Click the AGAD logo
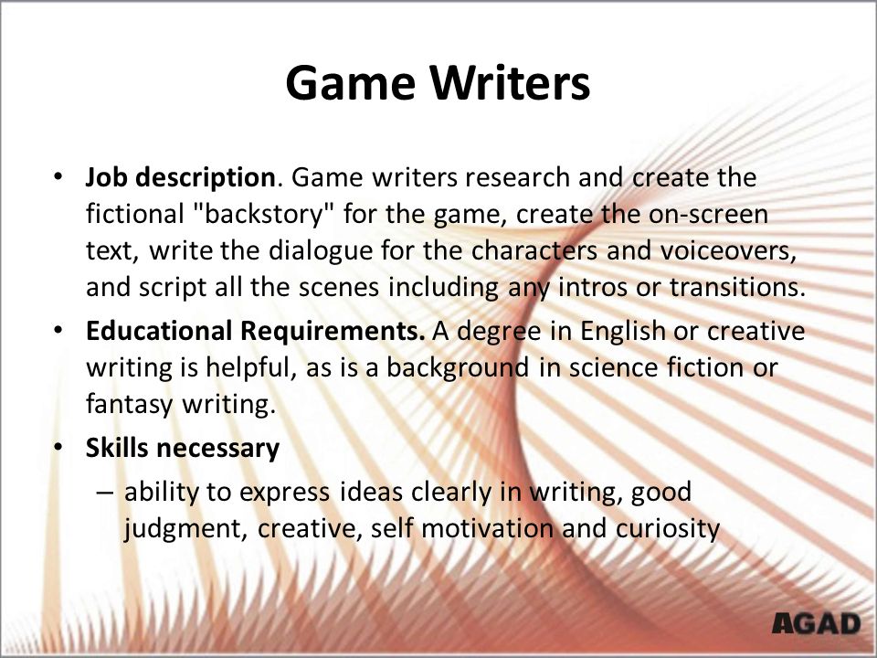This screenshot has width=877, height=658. (817, 624)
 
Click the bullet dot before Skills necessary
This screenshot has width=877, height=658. (59, 448)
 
